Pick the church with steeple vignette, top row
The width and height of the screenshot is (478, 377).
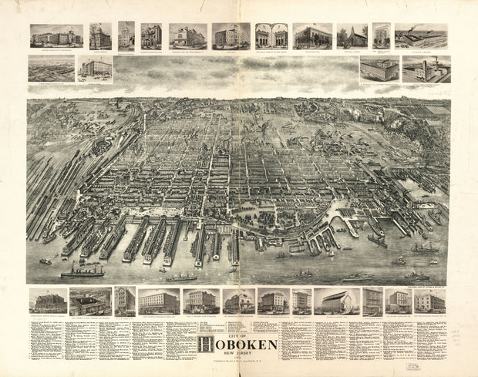point(352,36)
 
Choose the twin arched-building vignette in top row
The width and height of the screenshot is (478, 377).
point(271,35)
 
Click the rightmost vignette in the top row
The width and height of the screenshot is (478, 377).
point(422,35)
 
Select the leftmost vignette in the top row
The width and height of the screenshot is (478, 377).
point(56,35)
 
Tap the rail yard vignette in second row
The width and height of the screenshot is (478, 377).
point(52,68)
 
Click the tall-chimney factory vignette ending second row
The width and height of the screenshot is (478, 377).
point(426,69)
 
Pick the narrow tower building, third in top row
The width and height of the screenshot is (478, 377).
point(126,35)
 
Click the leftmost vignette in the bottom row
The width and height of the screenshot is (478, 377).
point(47,301)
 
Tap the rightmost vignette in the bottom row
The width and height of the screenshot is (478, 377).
point(429,301)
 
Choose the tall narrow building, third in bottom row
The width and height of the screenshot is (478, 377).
point(125,301)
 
